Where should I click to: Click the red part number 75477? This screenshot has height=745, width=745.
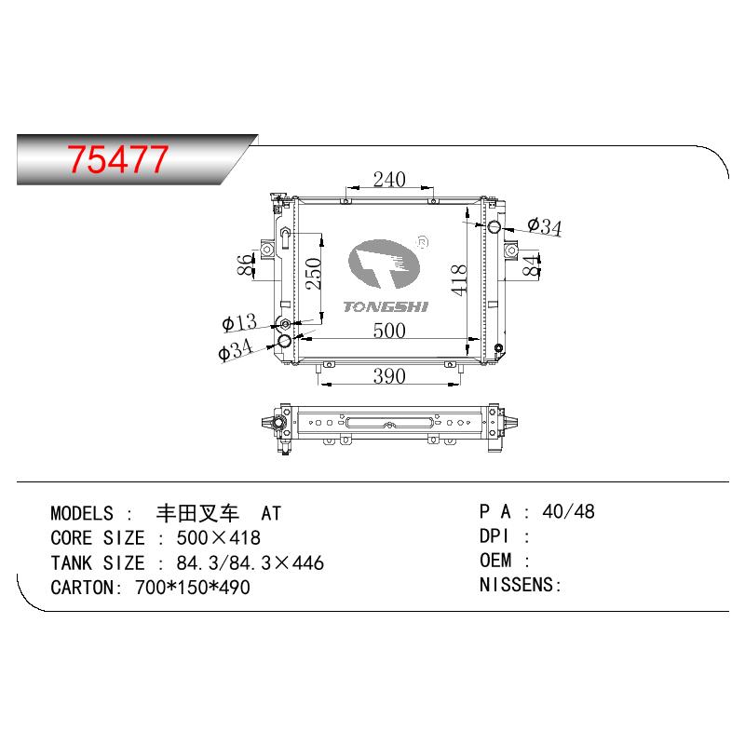coord(117,159)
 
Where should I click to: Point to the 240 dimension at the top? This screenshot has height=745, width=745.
coord(389,180)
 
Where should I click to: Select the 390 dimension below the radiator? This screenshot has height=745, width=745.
coord(389,376)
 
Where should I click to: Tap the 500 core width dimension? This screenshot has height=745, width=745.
coord(389,331)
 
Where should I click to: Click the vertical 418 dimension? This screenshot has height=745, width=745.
coord(459,280)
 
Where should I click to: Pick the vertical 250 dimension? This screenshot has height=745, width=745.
coord(314,274)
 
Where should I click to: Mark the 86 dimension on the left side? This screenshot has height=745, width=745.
coord(246,264)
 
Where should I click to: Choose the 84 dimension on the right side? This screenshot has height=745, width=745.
coord(531,264)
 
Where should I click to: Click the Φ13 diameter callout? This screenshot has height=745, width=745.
coord(239,322)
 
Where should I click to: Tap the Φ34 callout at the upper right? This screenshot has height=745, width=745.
coord(545,226)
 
